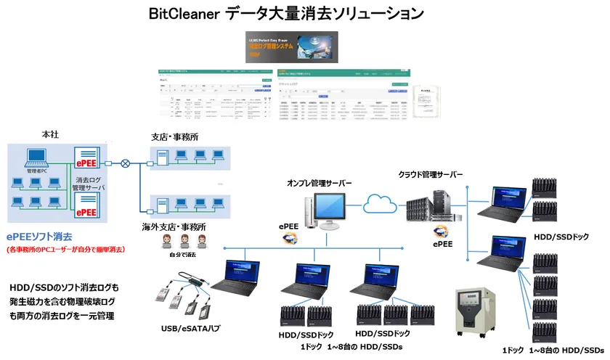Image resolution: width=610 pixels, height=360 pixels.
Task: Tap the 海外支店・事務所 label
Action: coord(174,226)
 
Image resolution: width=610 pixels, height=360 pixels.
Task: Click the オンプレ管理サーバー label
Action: coord(320,183)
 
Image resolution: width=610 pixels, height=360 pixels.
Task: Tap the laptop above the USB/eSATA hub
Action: coord(239,277)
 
